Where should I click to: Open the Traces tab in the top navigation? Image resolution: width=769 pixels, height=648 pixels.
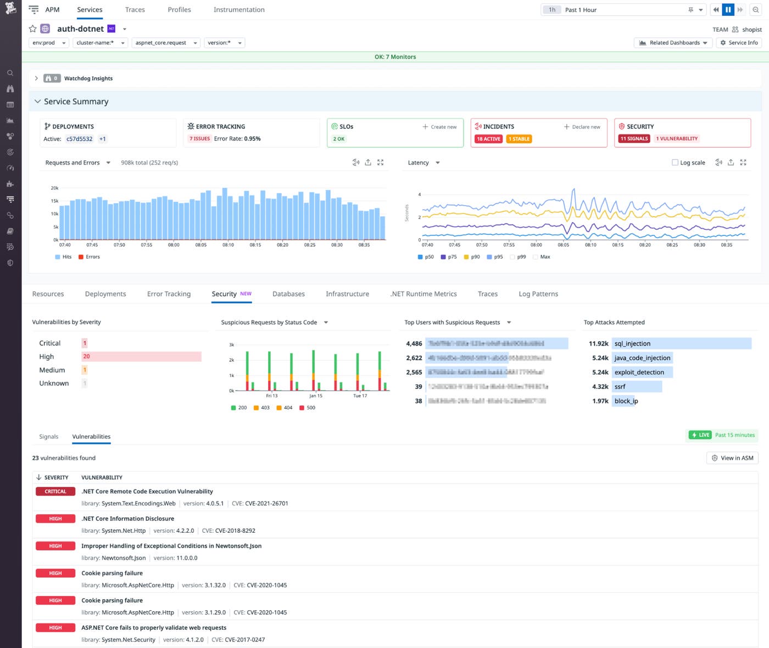(x=135, y=10)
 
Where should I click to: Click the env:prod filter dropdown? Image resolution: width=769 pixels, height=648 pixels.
(x=48, y=43)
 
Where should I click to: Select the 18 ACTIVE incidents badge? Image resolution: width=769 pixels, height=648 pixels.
(x=488, y=139)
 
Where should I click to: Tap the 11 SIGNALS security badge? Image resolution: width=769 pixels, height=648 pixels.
(x=634, y=139)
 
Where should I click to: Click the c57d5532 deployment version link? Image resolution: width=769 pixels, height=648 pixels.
(x=80, y=139)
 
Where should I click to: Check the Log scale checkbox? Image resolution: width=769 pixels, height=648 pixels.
(x=675, y=162)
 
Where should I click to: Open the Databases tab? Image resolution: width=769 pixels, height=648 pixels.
(x=288, y=294)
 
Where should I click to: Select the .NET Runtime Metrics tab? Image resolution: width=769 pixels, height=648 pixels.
(x=423, y=294)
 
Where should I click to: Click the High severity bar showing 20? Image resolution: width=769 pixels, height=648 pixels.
(x=141, y=357)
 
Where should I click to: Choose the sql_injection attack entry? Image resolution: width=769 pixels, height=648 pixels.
(x=632, y=343)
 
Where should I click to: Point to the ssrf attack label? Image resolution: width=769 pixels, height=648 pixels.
(x=620, y=387)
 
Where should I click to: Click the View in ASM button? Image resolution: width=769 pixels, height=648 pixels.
(x=732, y=458)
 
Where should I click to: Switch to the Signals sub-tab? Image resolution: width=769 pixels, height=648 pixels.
(x=48, y=437)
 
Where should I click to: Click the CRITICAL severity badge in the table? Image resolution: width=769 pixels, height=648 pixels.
(x=55, y=492)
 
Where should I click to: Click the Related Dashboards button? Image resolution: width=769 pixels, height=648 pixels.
(x=673, y=43)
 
